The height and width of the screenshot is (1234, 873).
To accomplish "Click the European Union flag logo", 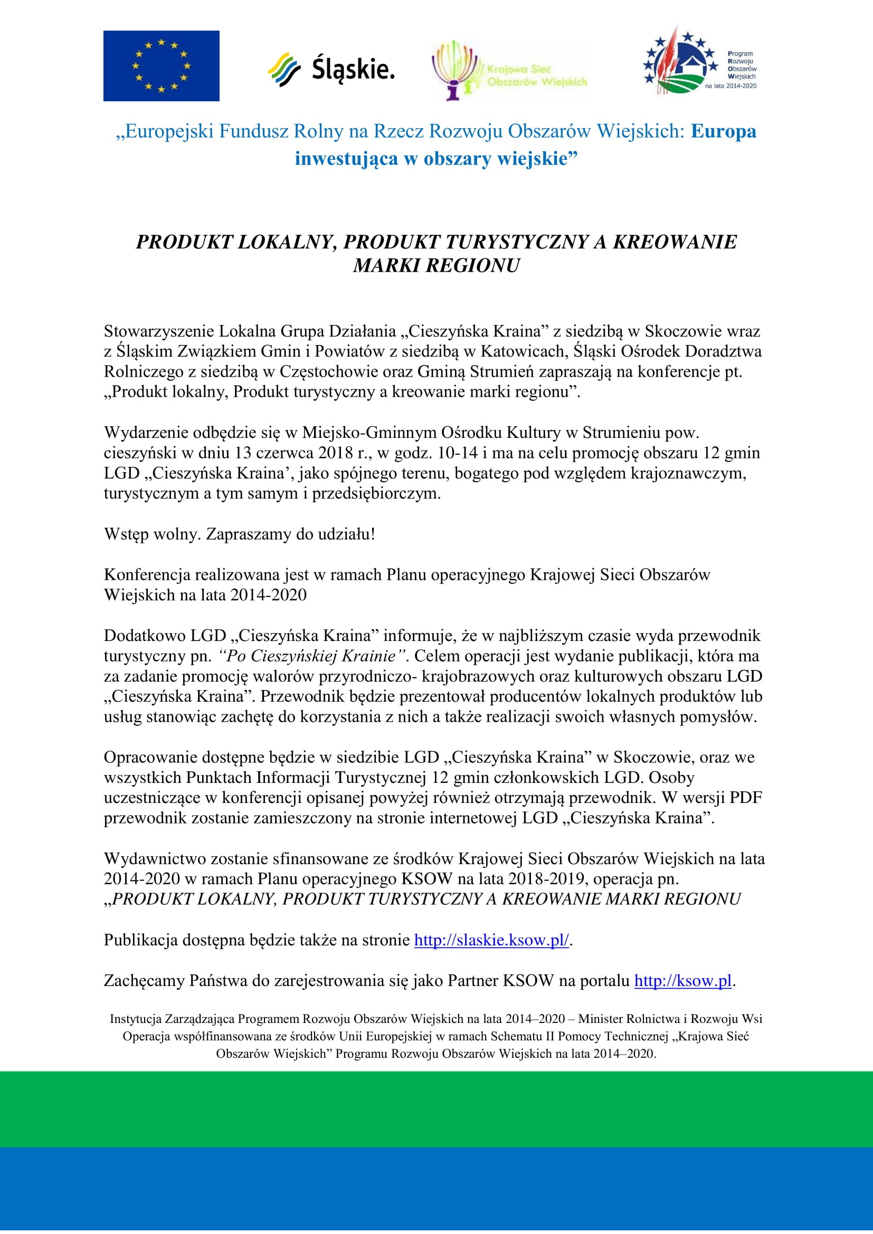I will [162, 65].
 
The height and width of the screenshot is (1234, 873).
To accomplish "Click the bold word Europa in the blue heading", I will [723, 131].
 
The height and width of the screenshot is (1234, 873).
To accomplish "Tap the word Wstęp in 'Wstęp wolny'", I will [126, 534].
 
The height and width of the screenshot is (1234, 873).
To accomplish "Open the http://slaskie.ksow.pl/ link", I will [491, 940].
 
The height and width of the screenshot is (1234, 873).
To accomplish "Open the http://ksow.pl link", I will [682, 981].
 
